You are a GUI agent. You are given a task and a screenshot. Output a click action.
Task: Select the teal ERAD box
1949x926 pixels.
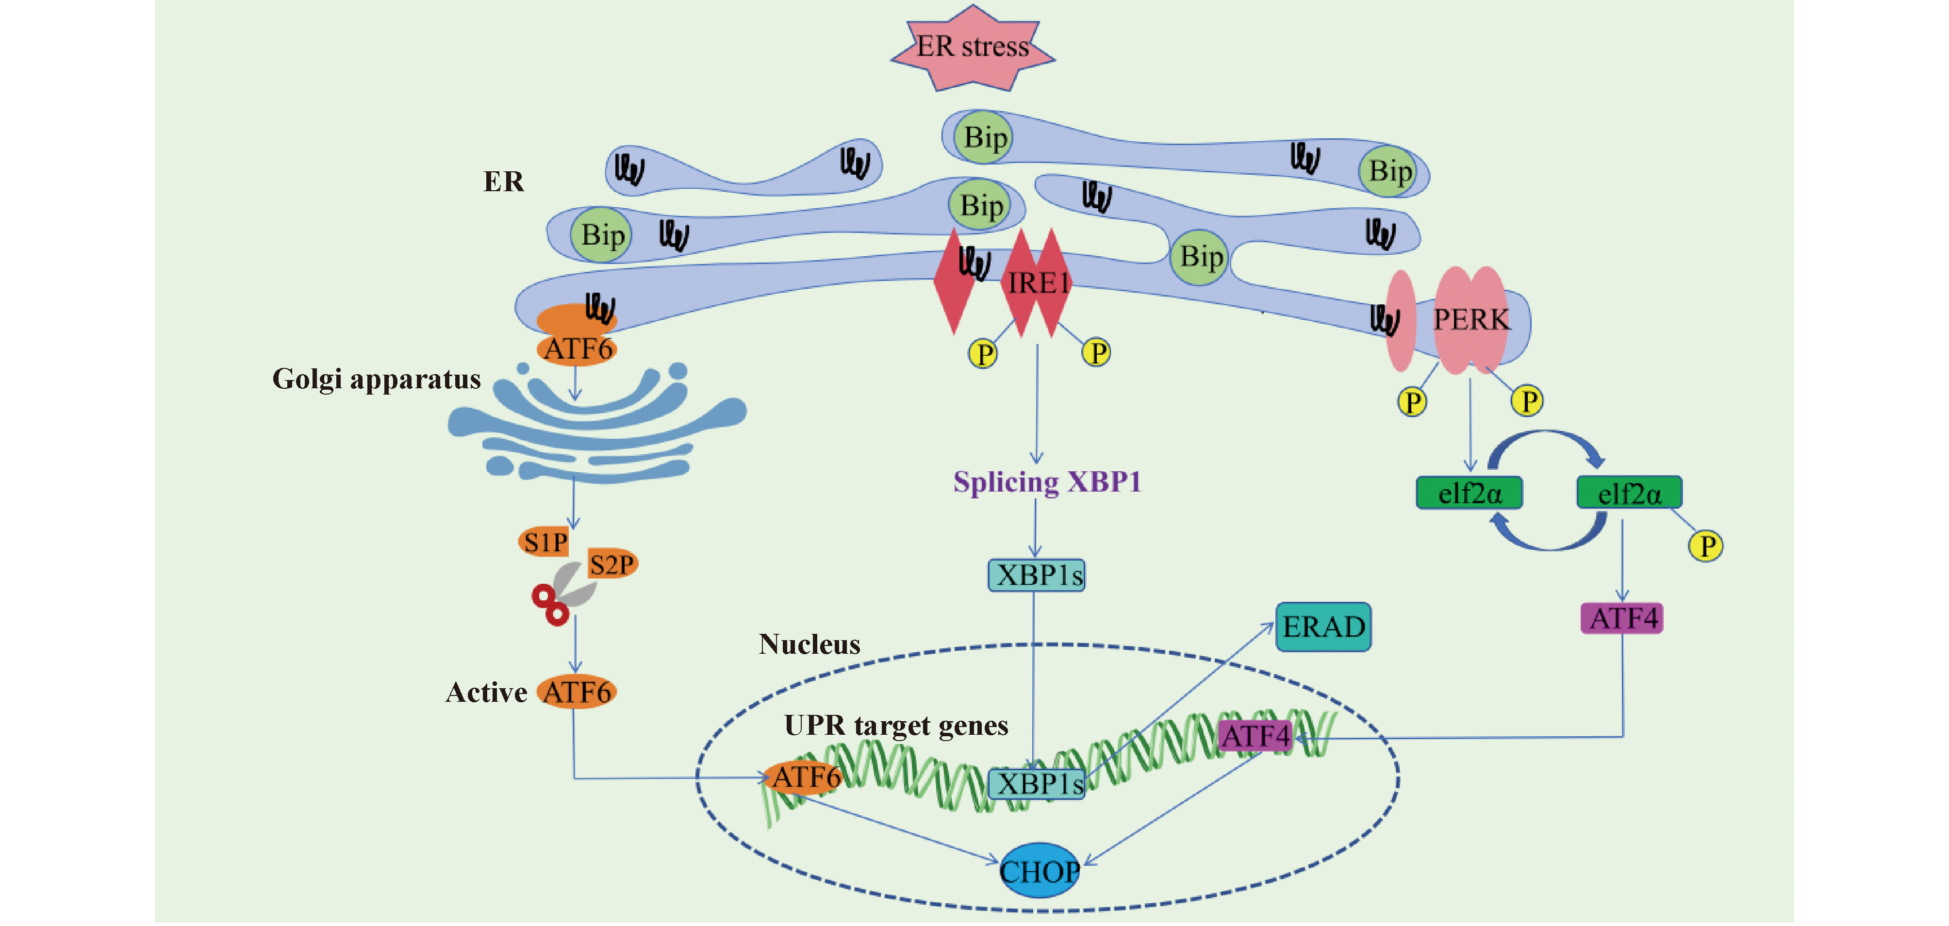coord(1323,627)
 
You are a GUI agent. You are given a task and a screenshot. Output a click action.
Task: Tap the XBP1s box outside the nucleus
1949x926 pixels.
coord(1037,575)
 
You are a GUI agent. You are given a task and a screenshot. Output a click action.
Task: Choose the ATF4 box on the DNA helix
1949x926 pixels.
coord(1255,735)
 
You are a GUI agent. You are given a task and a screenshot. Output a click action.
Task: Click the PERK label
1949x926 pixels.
coord(1471,319)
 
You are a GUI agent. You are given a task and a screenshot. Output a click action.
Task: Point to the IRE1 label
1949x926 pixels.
coord(1038,283)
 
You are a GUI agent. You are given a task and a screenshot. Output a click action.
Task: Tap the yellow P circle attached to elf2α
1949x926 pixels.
coord(1706,546)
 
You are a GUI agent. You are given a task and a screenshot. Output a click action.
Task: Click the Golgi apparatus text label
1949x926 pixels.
coord(376,378)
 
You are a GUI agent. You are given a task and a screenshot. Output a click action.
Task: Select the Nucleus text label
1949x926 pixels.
coord(809,644)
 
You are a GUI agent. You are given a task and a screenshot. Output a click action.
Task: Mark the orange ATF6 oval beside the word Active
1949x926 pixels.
coord(577,692)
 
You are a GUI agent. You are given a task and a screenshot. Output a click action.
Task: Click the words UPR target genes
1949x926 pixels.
coord(896,725)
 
